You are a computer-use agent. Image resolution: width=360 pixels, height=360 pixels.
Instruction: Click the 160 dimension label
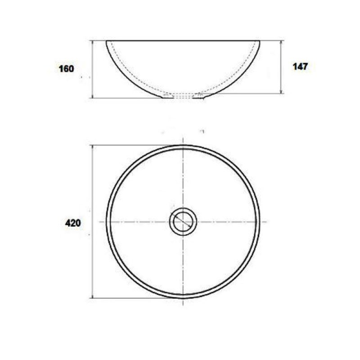66,69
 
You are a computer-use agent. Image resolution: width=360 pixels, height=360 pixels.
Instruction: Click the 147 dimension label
300,67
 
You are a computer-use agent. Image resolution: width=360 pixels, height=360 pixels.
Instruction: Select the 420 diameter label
73,223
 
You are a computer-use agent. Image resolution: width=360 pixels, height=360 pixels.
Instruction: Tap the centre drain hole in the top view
183,222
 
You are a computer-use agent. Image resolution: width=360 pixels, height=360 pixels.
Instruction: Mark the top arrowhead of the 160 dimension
92,41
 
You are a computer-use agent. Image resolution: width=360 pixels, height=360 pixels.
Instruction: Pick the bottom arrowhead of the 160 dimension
92,97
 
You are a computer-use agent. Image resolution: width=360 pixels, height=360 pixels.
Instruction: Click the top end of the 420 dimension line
92,145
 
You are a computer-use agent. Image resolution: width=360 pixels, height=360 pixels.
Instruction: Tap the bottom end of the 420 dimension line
92,298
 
